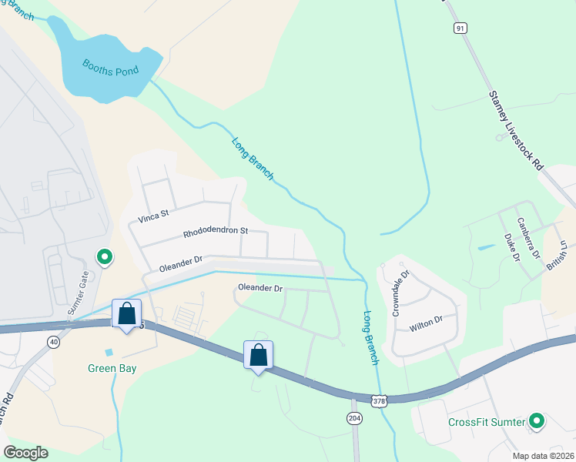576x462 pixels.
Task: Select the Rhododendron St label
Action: coord(216,231)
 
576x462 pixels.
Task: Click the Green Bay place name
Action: coord(112,368)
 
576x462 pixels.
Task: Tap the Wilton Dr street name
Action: coord(427,323)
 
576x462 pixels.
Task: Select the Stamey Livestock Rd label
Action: coord(516,131)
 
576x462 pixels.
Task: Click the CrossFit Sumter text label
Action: coord(487,422)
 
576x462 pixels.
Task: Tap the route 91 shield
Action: coord(460,28)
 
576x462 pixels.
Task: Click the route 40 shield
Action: coord(52,342)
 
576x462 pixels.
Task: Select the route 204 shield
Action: coord(354,417)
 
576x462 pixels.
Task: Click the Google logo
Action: coord(25,453)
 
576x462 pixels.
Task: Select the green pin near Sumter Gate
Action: coord(104,257)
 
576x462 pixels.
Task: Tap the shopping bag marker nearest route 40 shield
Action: coord(127,314)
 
